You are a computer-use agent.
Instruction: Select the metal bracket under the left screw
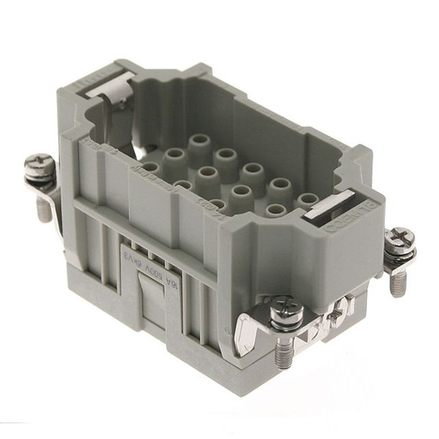45,187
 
